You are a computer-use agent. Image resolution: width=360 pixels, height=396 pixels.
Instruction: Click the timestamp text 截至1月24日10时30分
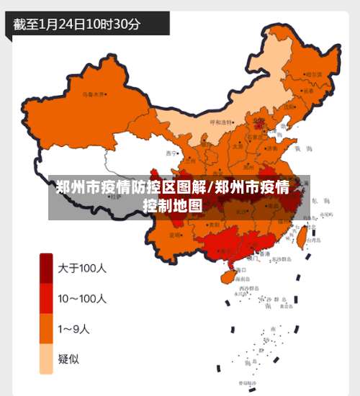click(77, 23)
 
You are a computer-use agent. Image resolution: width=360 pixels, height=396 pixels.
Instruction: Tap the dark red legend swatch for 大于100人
click(45, 269)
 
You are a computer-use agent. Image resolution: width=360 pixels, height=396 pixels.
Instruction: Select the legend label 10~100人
click(83, 299)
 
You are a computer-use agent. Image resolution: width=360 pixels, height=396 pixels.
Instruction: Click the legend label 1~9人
click(74, 330)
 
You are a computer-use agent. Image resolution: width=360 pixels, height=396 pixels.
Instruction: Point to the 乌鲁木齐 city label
click(94, 94)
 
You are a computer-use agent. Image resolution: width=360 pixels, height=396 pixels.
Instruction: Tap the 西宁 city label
click(171, 153)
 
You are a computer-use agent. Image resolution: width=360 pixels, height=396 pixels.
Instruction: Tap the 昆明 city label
click(175, 235)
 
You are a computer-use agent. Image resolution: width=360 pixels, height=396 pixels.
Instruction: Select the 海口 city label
click(240, 269)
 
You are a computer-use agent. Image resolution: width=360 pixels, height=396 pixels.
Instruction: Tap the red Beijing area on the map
click(259, 124)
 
